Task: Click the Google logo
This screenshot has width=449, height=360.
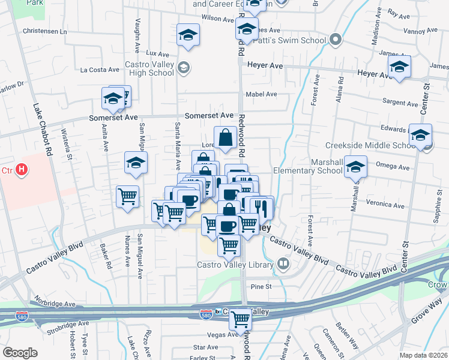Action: click(x=20, y=352)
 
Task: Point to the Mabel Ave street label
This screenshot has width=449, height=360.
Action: click(x=261, y=94)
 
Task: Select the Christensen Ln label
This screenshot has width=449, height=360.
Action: click(x=45, y=31)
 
